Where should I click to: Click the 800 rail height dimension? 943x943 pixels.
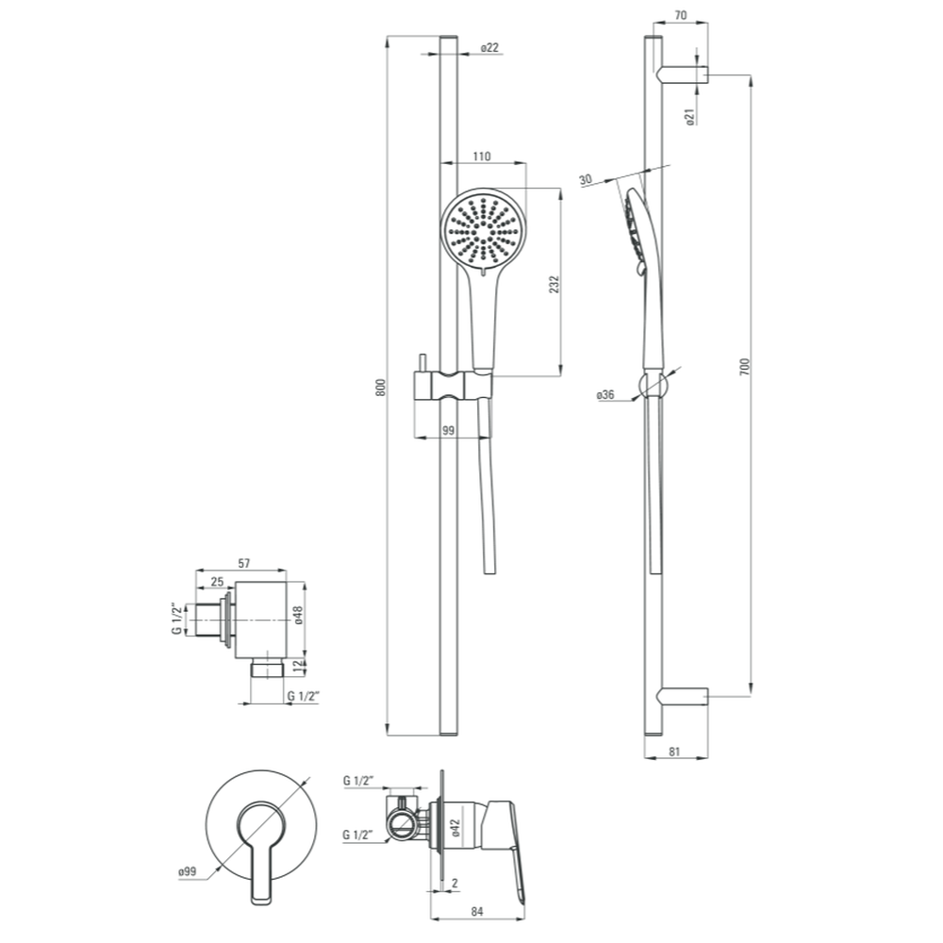click(380, 387)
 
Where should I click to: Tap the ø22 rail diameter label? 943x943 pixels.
click(489, 47)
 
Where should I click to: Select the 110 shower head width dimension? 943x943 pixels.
click(481, 157)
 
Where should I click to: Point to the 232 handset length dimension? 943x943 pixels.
click(554, 284)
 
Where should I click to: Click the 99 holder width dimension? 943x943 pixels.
click(448, 431)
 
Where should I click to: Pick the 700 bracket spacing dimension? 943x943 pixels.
click(745, 367)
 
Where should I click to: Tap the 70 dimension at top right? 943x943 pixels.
click(681, 15)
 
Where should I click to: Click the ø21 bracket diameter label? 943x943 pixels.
click(690, 117)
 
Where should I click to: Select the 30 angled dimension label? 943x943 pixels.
click(586, 179)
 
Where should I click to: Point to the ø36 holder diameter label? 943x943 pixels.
click(605, 394)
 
